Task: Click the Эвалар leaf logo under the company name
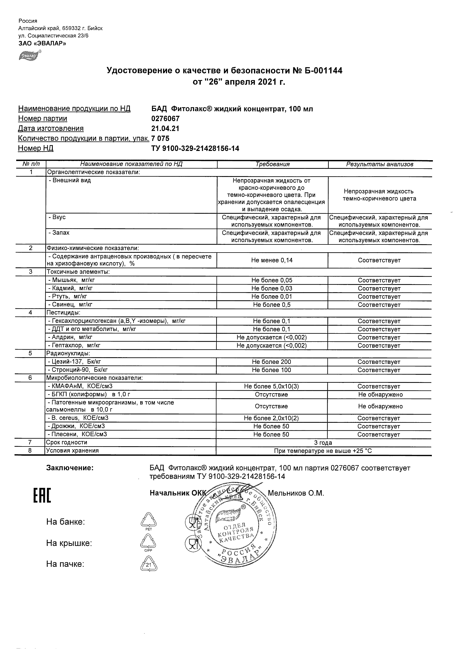30,55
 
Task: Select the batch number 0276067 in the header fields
165,119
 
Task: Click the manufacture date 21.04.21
165,129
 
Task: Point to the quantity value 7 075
160,138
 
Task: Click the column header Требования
272,164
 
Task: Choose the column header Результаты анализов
380,164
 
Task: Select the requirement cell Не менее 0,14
272,260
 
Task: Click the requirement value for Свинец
272,305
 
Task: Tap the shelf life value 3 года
323,443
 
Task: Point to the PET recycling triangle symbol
149,521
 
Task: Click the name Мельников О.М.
296,493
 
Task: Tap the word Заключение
70,468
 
